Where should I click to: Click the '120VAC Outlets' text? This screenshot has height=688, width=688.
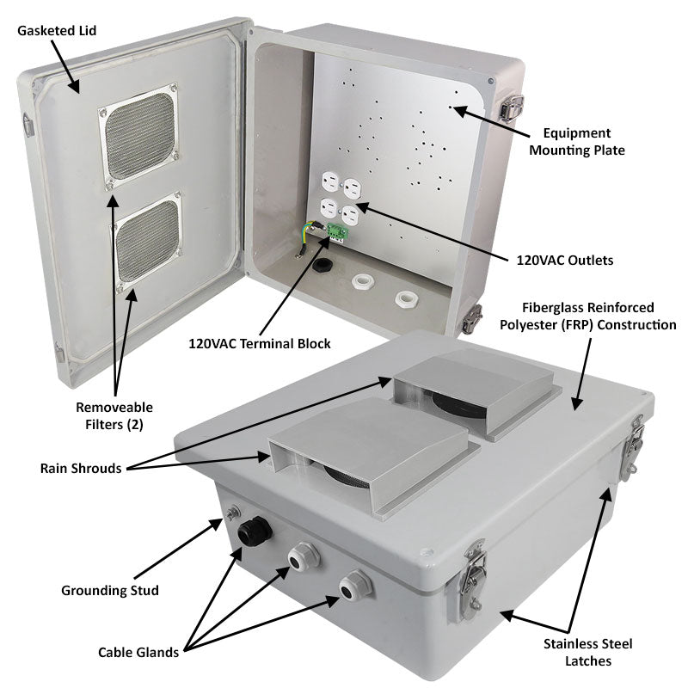[x=564, y=259]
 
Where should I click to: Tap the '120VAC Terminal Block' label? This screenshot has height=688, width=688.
[x=260, y=343]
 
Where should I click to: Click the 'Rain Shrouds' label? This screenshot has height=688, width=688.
[x=81, y=468]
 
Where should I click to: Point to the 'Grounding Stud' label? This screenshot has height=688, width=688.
[x=110, y=590]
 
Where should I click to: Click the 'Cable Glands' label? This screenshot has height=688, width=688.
[x=138, y=652]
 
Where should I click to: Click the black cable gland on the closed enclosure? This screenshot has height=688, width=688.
[x=254, y=531]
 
